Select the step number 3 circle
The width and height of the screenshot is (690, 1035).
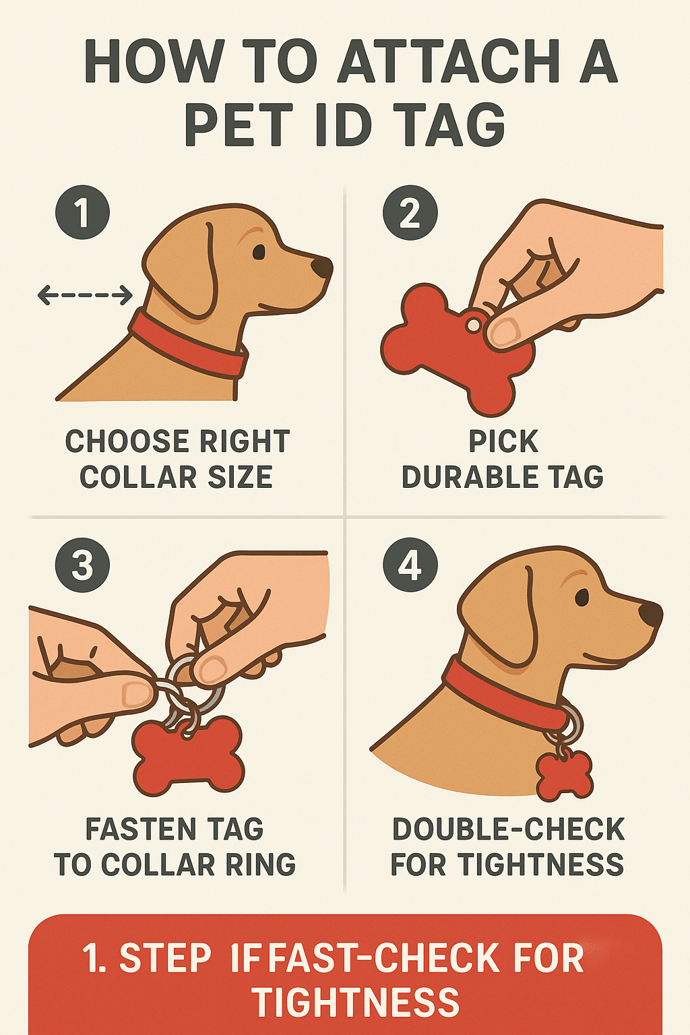click(x=82, y=564)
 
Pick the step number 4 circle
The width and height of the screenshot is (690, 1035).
click(x=410, y=564)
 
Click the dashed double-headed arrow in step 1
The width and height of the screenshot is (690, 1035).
click(x=85, y=294)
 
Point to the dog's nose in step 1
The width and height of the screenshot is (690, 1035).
click(x=322, y=267)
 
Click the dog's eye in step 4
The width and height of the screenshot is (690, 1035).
click(x=582, y=597)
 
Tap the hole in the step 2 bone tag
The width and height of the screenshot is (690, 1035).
click(x=474, y=325)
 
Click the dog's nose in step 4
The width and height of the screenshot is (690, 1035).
click(x=651, y=614)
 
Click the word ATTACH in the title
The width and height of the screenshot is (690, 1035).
click(x=449, y=62)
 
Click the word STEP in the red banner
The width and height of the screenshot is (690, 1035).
click(x=165, y=958)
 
